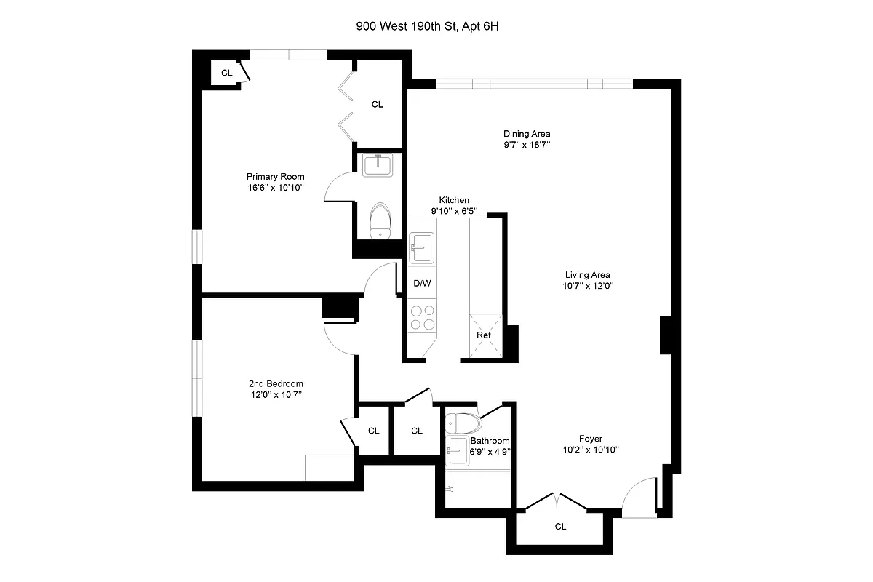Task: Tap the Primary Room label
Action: (x=275, y=177)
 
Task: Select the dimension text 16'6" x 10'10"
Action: (x=275, y=188)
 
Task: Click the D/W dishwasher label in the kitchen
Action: (x=422, y=283)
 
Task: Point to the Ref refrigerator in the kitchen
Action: (x=484, y=335)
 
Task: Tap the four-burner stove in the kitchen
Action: (x=423, y=317)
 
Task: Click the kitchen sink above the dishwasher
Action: (x=422, y=247)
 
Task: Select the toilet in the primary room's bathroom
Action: (x=380, y=220)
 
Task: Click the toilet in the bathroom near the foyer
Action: (x=463, y=423)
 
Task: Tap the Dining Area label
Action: (x=527, y=134)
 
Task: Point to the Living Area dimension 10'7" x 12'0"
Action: (x=587, y=286)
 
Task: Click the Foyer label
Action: (x=590, y=439)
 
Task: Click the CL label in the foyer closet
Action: (x=559, y=526)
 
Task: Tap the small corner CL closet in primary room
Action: (x=226, y=73)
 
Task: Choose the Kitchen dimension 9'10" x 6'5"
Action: (x=453, y=211)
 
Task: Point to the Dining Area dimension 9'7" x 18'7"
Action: (x=527, y=145)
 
